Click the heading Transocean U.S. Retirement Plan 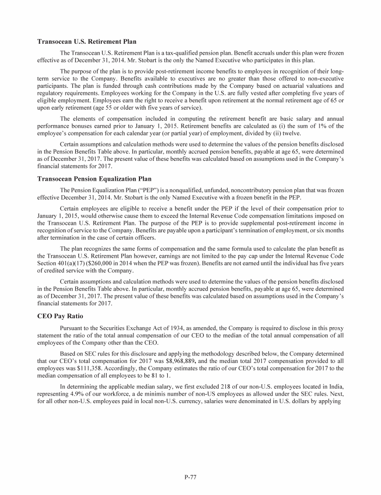[x=87, y=41]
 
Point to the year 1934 [x=185, y=328]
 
